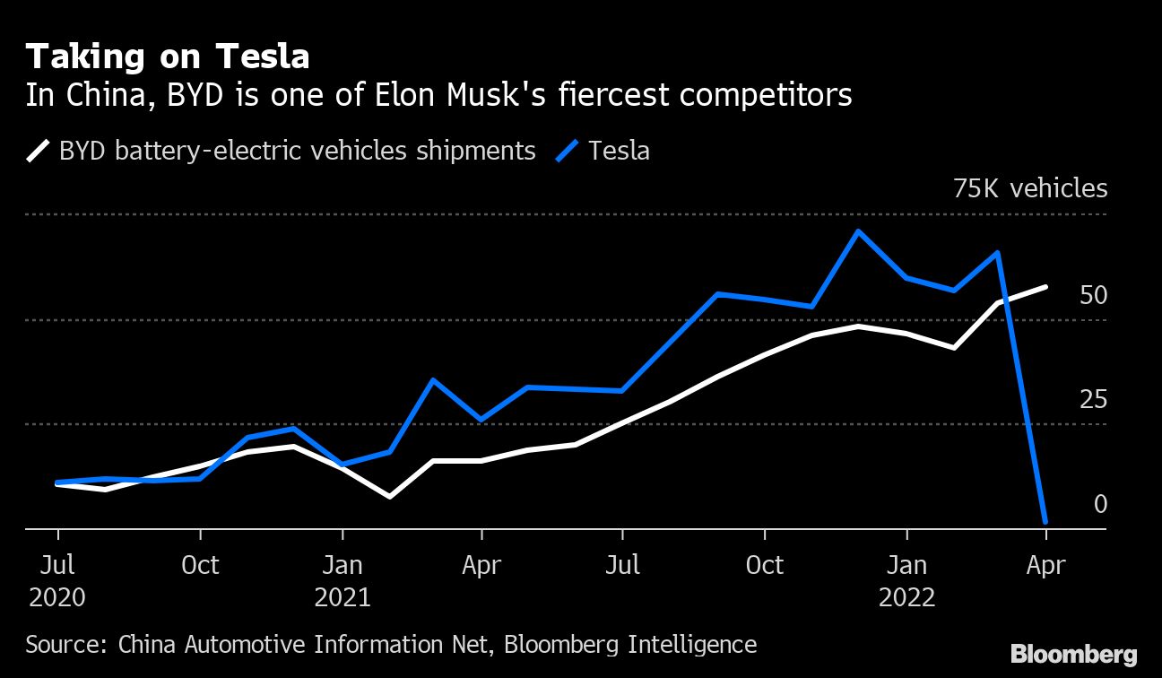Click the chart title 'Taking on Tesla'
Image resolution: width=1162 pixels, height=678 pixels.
[x=168, y=57]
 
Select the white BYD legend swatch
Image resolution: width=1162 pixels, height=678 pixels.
[x=38, y=151]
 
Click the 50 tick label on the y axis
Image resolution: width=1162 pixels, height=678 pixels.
[x=1093, y=296]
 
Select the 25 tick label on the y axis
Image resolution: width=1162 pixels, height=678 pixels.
[x=1093, y=400]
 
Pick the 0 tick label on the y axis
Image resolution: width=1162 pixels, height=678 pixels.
[x=1100, y=505]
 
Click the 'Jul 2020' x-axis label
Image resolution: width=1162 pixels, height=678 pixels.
[x=57, y=581]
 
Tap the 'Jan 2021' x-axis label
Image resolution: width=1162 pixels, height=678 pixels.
[x=342, y=581]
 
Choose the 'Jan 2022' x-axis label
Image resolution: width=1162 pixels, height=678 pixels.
[x=906, y=581]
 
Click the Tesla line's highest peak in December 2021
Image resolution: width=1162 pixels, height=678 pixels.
[x=858, y=231]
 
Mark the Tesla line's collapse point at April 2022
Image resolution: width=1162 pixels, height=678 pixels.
[x=1045, y=521]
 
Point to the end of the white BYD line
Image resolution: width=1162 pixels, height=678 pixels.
[x=1045, y=287]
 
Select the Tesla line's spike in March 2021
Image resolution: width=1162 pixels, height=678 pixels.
[x=433, y=380]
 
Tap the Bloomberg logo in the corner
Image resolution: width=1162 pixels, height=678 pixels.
[x=1073, y=655]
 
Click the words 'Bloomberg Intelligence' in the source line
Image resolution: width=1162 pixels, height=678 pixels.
[x=630, y=644]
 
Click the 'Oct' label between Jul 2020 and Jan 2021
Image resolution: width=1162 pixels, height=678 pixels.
[x=200, y=565]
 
